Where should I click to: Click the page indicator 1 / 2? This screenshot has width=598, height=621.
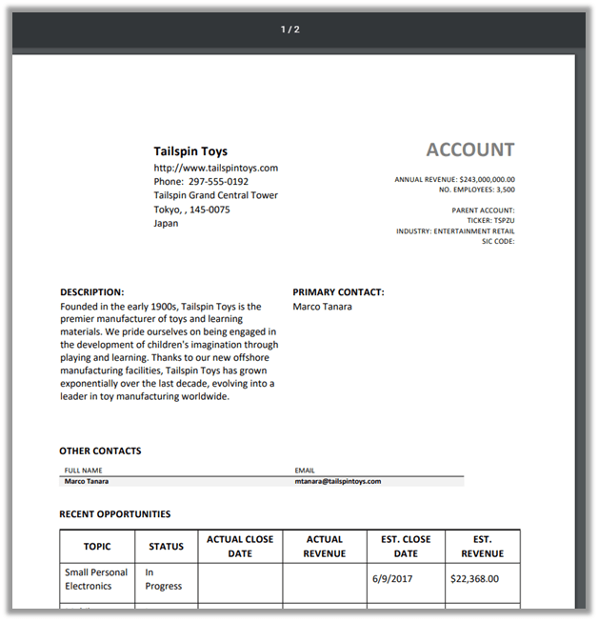pos(290,30)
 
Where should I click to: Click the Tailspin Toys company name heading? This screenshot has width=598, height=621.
pos(190,151)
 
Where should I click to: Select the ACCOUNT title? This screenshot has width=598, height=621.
pos(469,150)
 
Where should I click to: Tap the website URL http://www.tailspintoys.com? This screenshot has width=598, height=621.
pos(215,168)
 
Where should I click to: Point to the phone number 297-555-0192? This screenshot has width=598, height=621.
pos(218,182)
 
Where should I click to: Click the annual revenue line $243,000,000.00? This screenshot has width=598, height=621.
pos(454,179)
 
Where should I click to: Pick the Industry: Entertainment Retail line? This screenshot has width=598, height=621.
pos(455,230)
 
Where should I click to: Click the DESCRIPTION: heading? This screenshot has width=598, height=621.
pos(92,292)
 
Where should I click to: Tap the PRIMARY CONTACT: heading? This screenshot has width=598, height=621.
pos(338,292)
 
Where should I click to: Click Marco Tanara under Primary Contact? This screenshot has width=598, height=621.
pos(322,307)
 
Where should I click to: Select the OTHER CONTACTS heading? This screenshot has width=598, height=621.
pos(100,451)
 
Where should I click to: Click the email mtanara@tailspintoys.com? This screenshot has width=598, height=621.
pos(338,482)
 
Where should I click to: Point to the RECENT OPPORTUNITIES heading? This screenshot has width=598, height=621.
pos(115,514)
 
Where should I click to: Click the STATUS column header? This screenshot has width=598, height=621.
pos(167,547)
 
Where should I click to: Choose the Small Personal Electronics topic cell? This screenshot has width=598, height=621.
pos(96,579)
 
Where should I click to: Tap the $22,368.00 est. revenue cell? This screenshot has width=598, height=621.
pos(473,578)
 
